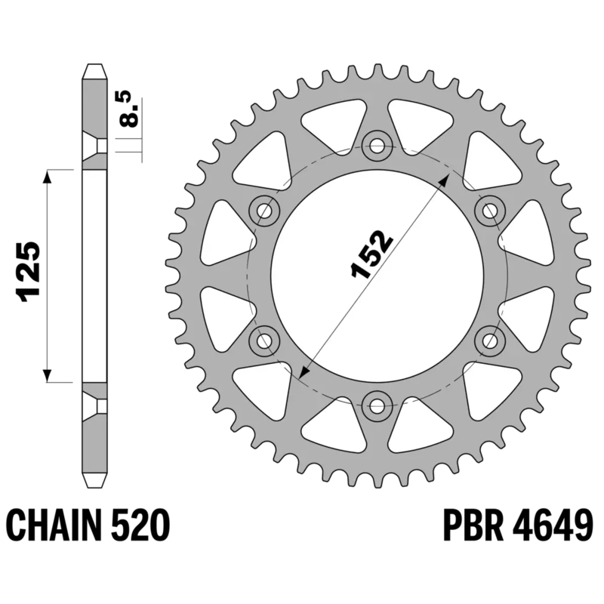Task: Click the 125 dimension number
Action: click(x=28, y=273)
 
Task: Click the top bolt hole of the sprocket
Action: click(x=377, y=145)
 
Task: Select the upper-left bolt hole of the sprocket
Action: click(x=264, y=211)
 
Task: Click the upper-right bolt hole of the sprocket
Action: click(x=490, y=211)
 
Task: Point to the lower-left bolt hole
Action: click(x=264, y=341)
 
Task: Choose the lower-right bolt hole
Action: click(x=490, y=341)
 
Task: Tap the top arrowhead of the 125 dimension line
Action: click(x=48, y=177)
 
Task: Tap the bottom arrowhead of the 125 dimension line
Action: click(x=48, y=374)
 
